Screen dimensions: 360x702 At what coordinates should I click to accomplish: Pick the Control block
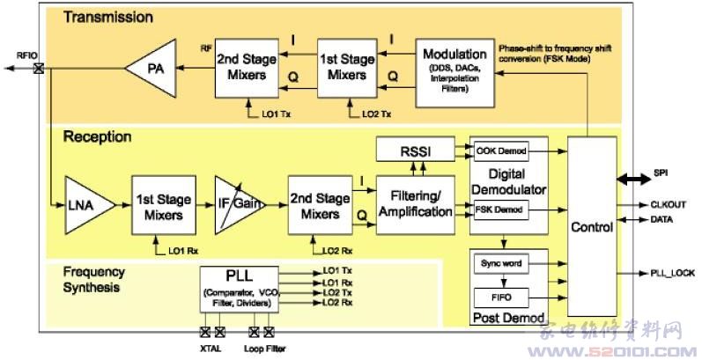tap(592, 227)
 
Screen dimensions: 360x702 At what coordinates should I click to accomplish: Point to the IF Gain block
tap(240, 204)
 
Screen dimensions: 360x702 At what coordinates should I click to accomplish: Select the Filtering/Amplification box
tap(416, 204)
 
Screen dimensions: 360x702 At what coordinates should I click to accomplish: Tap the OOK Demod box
tap(499, 150)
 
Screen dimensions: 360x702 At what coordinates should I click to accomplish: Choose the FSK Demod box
tap(499, 210)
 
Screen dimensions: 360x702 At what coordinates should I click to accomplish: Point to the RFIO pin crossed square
tap(38, 68)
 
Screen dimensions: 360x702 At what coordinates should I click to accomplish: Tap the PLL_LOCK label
tap(672, 274)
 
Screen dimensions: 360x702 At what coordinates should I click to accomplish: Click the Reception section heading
tap(97, 136)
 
